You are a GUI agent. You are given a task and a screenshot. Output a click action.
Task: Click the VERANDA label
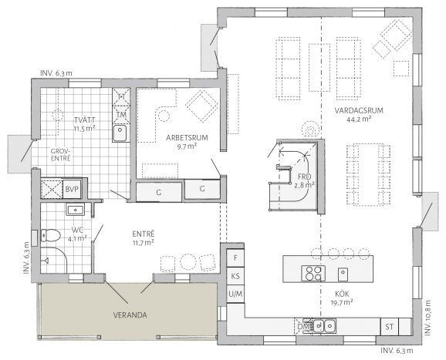pos(130,315)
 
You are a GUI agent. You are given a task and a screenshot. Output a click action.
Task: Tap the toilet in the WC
pos(50,236)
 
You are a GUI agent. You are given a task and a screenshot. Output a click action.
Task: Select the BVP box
pos(72,189)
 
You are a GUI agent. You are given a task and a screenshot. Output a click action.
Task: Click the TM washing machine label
pos(121,115)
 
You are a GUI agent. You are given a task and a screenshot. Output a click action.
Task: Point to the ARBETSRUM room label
pos(187,138)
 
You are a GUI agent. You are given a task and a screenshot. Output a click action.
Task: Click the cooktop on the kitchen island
pos(313,273)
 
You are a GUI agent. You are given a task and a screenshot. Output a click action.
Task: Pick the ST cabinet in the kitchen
pos(390,327)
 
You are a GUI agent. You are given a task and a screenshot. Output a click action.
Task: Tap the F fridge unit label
pos(235,258)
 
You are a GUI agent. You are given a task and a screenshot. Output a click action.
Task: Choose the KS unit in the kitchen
pos(235,276)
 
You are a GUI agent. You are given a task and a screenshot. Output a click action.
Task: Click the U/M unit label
pos(235,294)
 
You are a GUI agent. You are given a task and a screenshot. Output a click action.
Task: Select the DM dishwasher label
pos(303,327)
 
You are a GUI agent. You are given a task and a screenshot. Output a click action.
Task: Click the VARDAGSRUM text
pos(359,110)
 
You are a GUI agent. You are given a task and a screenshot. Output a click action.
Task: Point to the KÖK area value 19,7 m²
pos(342,302)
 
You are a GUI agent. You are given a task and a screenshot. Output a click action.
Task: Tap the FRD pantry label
pos(304,177)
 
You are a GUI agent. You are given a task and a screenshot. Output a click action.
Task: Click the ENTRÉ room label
pos(144,234)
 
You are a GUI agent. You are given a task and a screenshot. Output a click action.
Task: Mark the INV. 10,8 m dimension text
pos(428,317)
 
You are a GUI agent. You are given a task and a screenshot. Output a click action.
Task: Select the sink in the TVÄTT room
pos(120,133)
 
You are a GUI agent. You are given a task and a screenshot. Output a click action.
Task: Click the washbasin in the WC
pos(76,210)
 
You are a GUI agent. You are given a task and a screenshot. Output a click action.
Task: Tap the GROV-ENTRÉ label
pos(61,155)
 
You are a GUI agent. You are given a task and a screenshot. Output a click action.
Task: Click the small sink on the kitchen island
pos(343,274)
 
